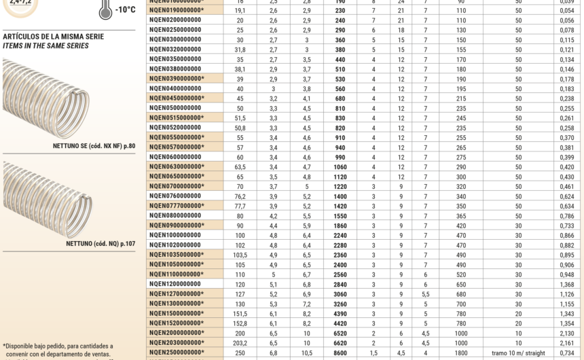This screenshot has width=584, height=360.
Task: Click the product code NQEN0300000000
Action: pos(175,40)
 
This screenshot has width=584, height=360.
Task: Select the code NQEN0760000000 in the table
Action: pos(175,196)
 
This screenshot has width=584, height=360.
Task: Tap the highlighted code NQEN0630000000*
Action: pos(177,167)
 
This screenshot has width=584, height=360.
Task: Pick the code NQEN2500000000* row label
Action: pos(177,353)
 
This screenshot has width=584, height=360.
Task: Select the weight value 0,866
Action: pos(567,236)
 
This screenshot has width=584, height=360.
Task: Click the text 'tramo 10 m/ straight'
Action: pos(519,353)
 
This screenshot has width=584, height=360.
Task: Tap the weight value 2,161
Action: pos(567,344)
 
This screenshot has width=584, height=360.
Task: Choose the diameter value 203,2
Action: pos(240,344)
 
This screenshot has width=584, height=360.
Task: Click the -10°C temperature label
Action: pos(126,10)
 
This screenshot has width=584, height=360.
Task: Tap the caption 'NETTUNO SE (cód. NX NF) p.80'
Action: pos(94,146)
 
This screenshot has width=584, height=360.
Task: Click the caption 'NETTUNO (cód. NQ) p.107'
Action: pos(101,243)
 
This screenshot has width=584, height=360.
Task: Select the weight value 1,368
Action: pos(567,285)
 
